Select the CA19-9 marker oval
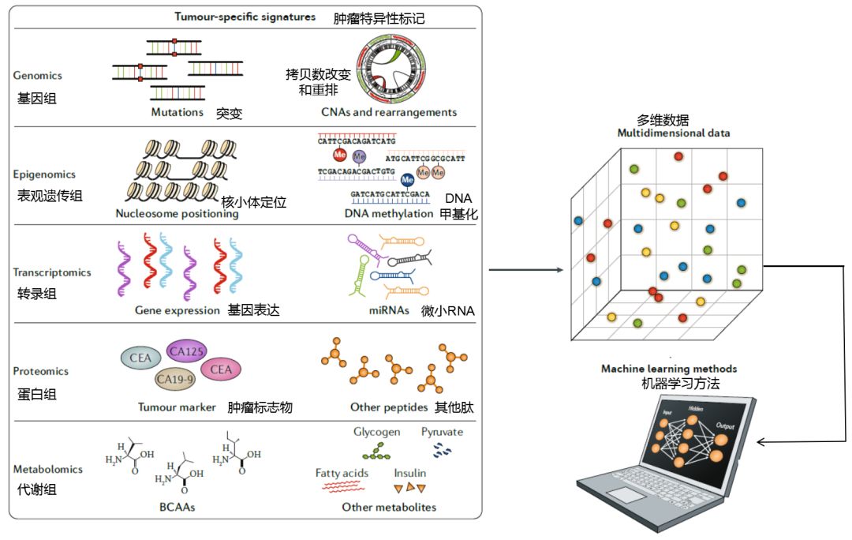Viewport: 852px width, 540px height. [x=174, y=380]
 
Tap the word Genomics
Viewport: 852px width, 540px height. [x=37, y=76]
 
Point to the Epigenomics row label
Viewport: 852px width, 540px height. [x=43, y=175]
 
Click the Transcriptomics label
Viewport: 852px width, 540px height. [x=52, y=272]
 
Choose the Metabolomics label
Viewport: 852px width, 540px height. [x=47, y=469]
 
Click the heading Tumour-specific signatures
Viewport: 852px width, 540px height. [x=245, y=17]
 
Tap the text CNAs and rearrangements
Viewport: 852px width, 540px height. [x=389, y=112]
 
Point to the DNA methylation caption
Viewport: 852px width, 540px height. [x=389, y=213]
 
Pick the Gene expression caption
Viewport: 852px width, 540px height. [x=177, y=310]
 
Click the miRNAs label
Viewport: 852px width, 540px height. [x=388, y=310]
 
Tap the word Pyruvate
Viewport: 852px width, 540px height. [x=442, y=432]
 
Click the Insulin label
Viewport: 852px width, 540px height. [x=410, y=473]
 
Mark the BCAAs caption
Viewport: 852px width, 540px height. [x=177, y=507]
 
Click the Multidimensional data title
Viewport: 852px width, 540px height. [x=673, y=133]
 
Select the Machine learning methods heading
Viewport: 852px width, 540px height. [x=669, y=369]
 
